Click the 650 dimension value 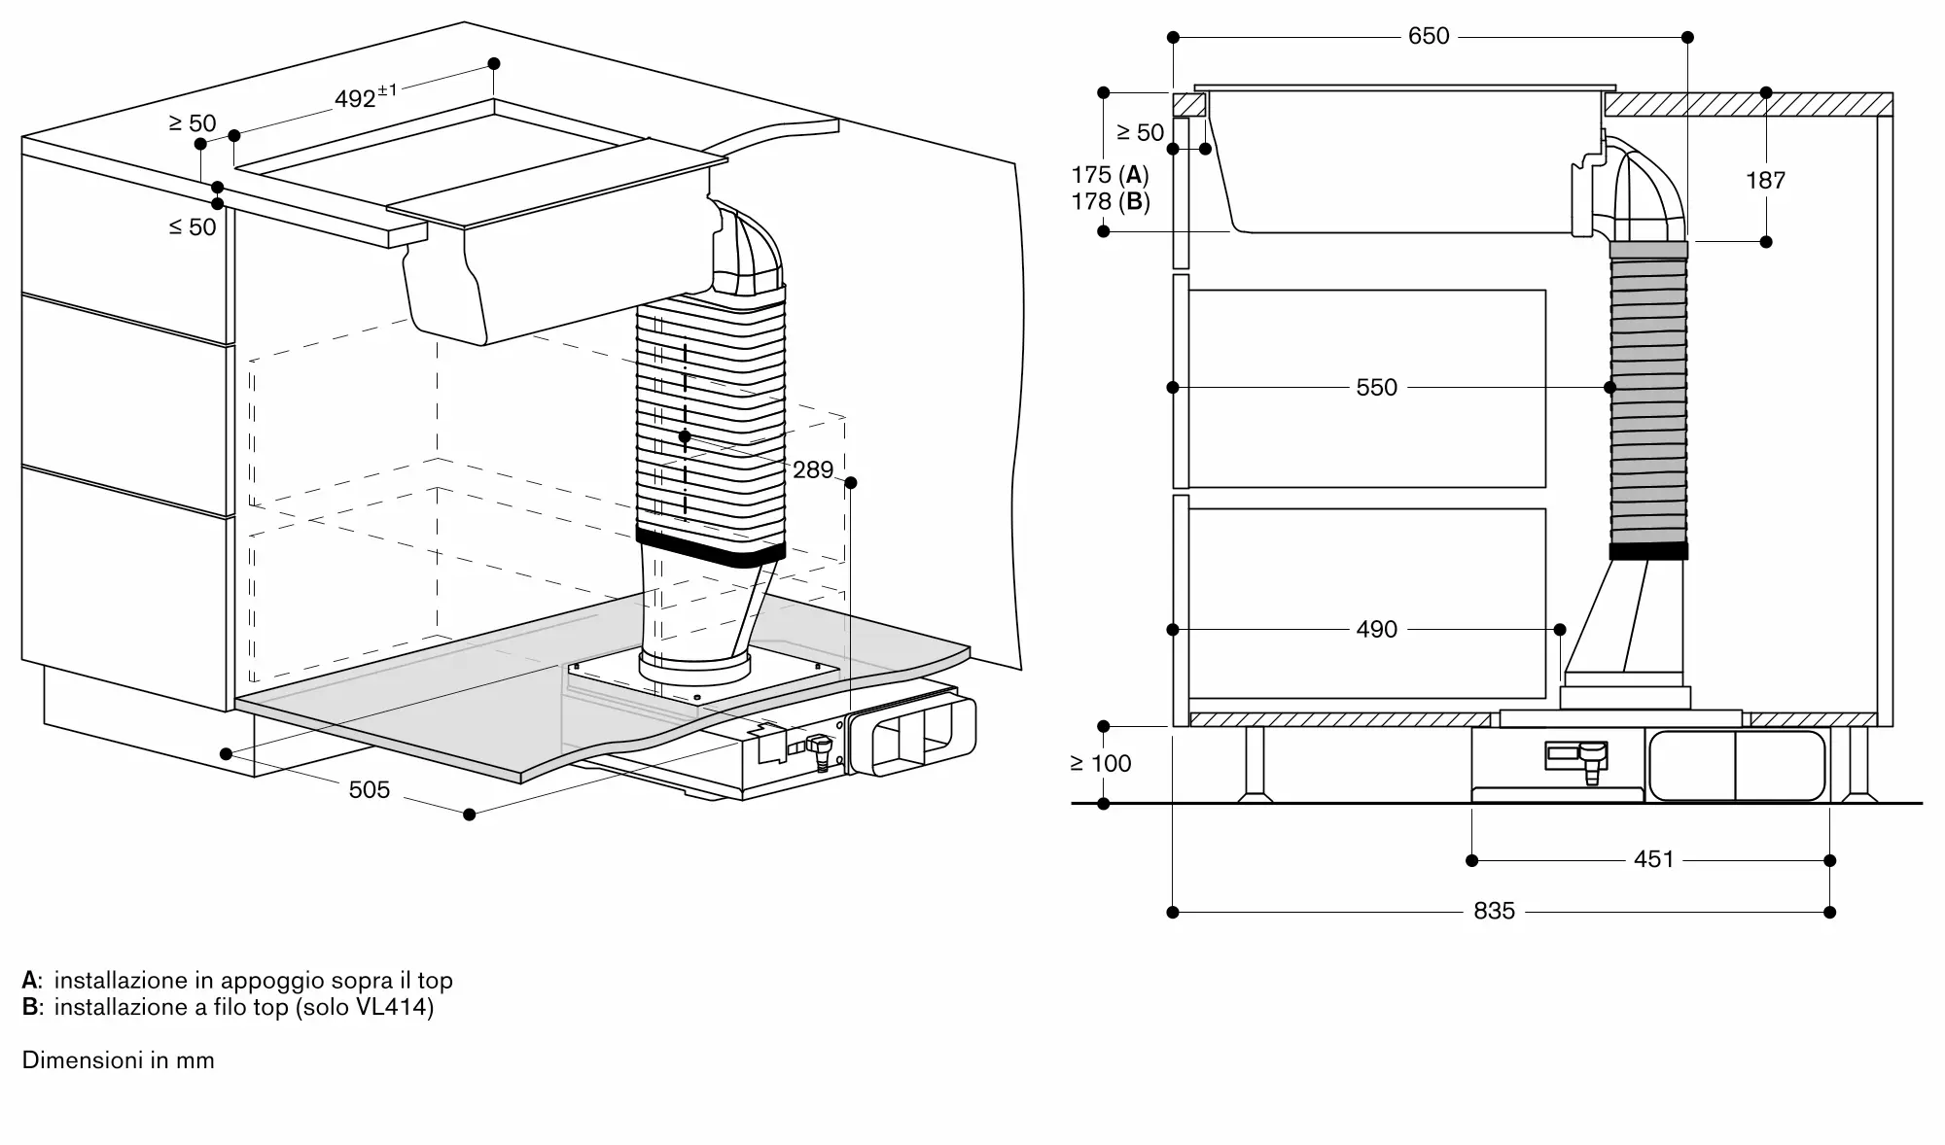coord(1429,36)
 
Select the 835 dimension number coord(1494,911)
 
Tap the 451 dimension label coord(1653,859)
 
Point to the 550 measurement coord(1376,387)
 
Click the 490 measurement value coord(1376,629)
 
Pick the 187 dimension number coord(1765,180)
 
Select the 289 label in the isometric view coord(813,469)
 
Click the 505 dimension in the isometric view coord(370,789)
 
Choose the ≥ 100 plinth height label coord(1101,763)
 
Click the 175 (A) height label coord(1110,175)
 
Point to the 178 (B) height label coord(1110,202)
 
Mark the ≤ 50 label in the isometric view coord(193,226)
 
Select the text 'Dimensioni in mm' coord(118,1059)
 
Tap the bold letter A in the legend coord(29,980)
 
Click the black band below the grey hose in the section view coord(1648,551)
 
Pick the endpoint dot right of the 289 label coord(851,482)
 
